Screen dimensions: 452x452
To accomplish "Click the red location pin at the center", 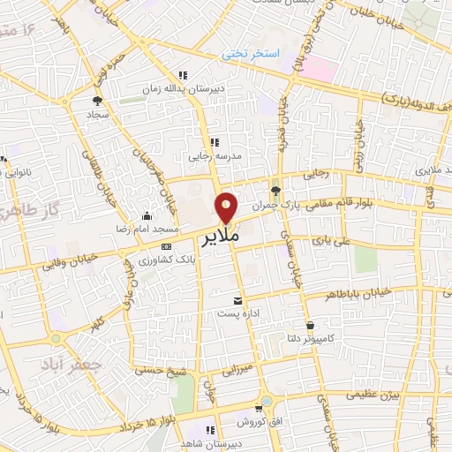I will [x=227, y=207].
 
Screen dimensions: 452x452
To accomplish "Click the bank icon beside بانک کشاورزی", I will [x=167, y=246].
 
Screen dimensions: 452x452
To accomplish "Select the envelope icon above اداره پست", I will [x=236, y=300].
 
